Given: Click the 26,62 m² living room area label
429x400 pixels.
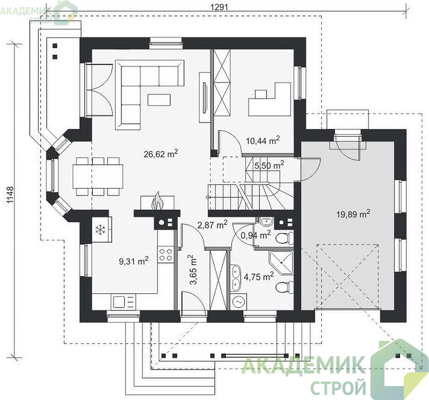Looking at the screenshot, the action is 161,154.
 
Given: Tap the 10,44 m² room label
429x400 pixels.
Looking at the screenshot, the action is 263,140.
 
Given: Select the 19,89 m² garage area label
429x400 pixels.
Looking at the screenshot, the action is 354,214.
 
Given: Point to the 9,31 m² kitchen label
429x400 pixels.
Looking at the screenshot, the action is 134,261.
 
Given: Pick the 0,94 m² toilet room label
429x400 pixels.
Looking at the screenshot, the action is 256,234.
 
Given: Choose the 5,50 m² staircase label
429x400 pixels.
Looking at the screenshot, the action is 269,165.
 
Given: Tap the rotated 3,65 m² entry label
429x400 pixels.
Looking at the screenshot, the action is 193,270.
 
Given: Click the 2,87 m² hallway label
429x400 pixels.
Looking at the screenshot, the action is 212,225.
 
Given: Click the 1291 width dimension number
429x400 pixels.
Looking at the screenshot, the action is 219,7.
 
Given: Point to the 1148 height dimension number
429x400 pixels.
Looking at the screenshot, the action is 10,195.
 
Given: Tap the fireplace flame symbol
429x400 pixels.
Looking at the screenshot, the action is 158,201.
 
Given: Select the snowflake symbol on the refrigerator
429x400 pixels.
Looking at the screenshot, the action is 100,230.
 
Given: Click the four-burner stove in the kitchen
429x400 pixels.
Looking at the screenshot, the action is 166,254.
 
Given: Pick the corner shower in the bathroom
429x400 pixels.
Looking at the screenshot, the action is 281,263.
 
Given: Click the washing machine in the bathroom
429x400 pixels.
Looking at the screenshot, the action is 239,302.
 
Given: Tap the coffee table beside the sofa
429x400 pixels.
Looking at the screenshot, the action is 159,99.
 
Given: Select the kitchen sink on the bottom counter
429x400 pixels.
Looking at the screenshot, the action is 123,302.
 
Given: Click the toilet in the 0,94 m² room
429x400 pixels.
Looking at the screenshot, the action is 284,239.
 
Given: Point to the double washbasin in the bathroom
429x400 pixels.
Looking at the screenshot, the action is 236,278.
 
